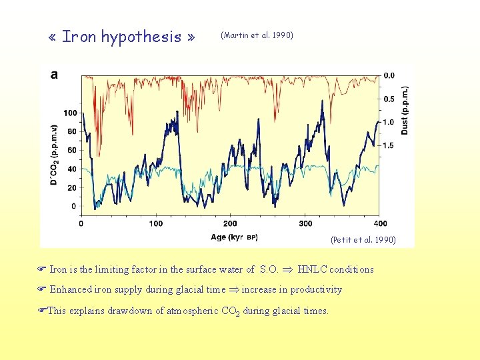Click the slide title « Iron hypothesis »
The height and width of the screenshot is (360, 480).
[x=121, y=37]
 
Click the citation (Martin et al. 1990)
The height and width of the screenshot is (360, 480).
[x=256, y=35]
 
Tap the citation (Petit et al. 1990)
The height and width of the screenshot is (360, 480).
[x=363, y=239]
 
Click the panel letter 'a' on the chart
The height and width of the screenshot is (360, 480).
[x=54, y=75]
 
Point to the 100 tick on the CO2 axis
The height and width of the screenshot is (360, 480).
[x=71, y=113]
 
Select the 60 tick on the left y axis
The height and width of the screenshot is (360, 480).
[x=73, y=150]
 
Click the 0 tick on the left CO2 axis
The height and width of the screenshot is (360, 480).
[x=75, y=207]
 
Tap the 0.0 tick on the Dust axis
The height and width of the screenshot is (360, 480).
[x=388, y=75]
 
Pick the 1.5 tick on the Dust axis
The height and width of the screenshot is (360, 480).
[x=388, y=145]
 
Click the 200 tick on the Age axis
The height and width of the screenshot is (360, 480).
[x=230, y=223]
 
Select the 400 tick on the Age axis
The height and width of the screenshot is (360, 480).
[x=380, y=223]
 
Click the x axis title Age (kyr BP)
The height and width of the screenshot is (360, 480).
[x=234, y=237]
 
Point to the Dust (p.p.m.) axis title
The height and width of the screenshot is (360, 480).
[x=405, y=110]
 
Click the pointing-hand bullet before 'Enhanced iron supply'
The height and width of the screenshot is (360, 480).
[x=41, y=289]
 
